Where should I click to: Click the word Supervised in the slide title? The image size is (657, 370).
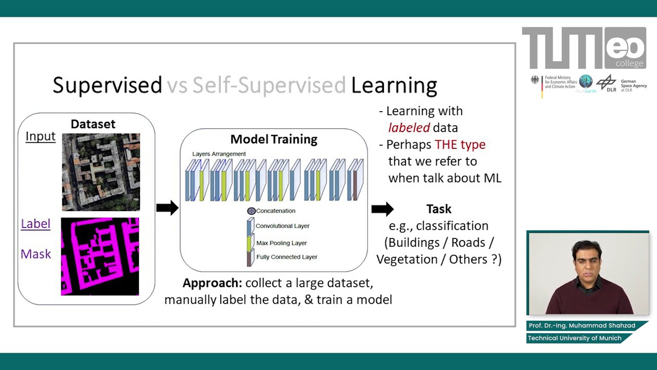click(107, 85)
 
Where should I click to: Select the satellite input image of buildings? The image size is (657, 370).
click(101, 172)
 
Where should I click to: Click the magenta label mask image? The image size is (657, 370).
click(100, 256)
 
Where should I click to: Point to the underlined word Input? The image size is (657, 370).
click(41, 136)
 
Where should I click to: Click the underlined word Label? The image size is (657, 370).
click(35, 224)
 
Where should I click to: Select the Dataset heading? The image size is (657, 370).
click(93, 124)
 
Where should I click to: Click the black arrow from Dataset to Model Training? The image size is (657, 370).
click(167, 208)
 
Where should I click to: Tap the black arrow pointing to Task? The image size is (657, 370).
click(382, 209)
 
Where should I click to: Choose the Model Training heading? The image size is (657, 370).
click(274, 139)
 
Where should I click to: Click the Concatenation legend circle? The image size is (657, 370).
click(251, 211)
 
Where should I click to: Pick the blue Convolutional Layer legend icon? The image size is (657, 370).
click(250, 226)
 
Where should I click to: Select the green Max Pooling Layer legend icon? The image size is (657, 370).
click(249, 243)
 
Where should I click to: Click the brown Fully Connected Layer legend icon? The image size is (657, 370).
click(249, 257)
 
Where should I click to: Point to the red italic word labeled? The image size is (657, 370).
click(409, 128)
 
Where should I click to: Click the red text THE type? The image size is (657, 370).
click(460, 144)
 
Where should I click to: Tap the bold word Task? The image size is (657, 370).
click(439, 209)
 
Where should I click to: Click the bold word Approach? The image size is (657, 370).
click(212, 283)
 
